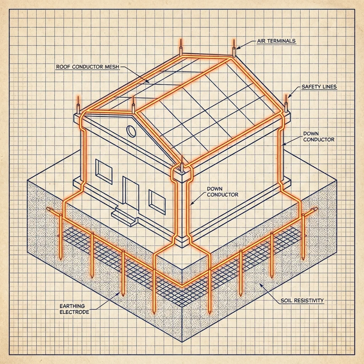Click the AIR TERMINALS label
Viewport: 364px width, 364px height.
(x=276, y=41)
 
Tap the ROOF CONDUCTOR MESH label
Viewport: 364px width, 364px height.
(x=87, y=67)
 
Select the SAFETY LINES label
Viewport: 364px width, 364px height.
(x=319, y=87)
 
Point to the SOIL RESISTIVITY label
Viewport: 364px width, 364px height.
(x=302, y=300)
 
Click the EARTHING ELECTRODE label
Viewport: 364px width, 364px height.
(x=74, y=309)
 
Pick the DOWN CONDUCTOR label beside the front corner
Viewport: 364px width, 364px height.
(x=223, y=192)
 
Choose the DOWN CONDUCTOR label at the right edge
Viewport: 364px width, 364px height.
(x=319, y=136)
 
